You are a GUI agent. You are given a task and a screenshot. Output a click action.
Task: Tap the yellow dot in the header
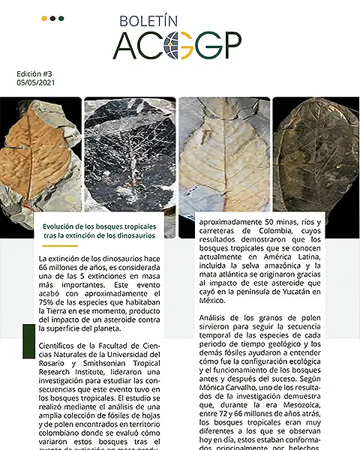[x=44, y=17]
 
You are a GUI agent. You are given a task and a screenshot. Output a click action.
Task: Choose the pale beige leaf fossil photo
[x=223, y=157]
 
